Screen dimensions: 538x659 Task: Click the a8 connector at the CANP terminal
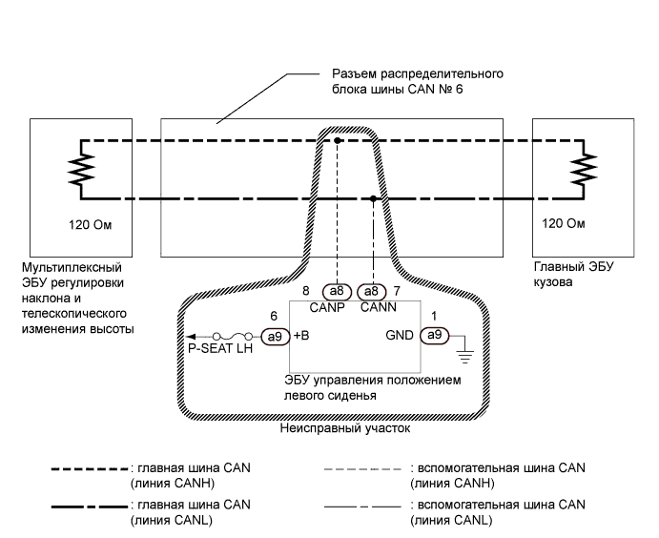pos(336,291)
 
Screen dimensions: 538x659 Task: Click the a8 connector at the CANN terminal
pos(371,291)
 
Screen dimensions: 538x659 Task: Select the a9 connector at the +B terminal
pos(276,336)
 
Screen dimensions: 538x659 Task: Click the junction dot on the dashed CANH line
pos(336,140)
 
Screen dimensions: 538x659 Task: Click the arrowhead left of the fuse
pos(191,336)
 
